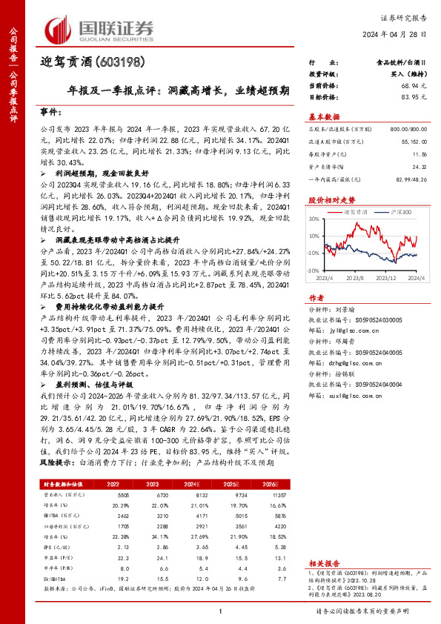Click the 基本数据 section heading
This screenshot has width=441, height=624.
tap(324, 116)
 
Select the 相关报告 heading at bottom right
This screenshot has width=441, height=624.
tap(324, 562)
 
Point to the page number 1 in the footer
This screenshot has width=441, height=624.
tap(220, 610)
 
